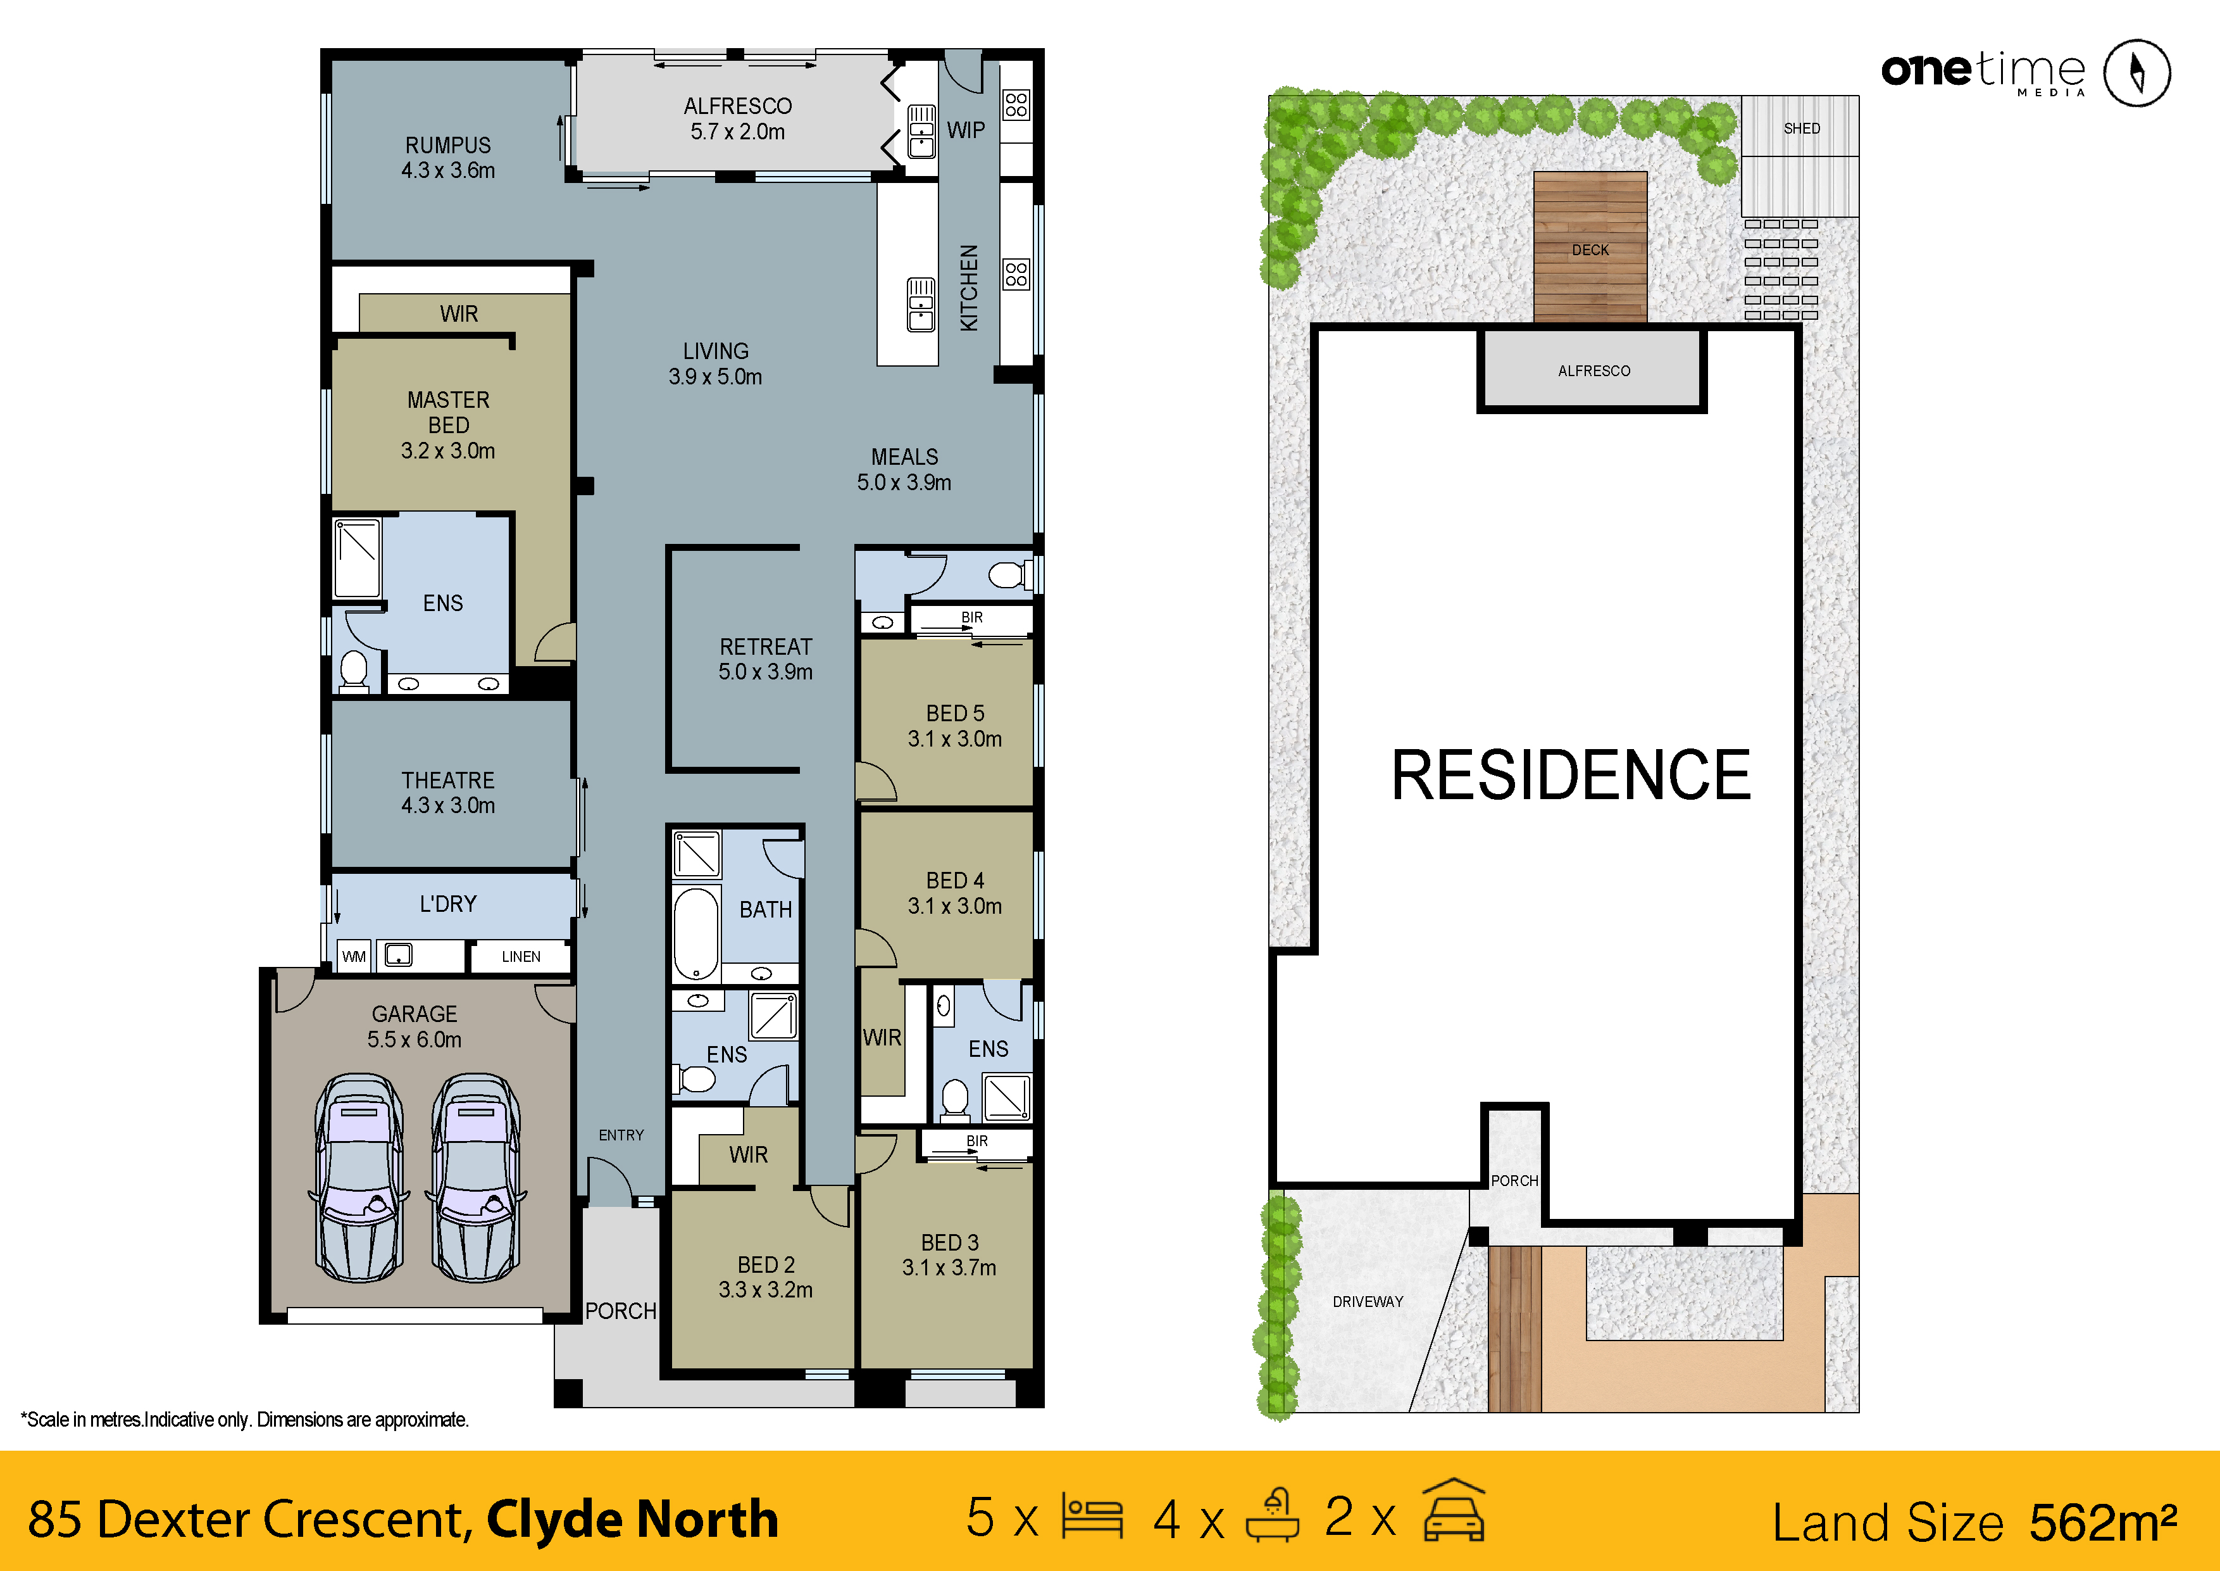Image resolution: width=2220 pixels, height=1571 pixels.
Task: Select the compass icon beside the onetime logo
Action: pyautogui.click(x=2137, y=73)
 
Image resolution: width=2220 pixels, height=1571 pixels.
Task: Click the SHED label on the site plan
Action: pyautogui.click(x=1801, y=129)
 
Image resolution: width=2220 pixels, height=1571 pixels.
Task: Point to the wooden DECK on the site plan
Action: pyautogui.click(x=1590, y=248)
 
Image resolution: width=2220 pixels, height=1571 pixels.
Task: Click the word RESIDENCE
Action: pyautogui.click(x=1570, y=775)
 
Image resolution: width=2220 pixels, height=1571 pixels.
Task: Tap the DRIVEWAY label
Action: pyautogui.click(x=1367, y=1302)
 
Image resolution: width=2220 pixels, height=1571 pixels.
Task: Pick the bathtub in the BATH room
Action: pyautogui.click(x=696, y=933)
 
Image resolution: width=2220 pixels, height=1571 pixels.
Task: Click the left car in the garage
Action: pyautogui.click(x=359, y=1177)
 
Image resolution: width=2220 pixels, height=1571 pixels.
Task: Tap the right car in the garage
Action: pyautogui.click(x=476, y=1177)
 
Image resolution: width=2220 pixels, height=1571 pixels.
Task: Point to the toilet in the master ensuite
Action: pyautogui.click(x=354, y=671)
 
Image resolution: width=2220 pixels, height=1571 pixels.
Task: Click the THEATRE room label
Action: pyautogui.click(x=447, y=792)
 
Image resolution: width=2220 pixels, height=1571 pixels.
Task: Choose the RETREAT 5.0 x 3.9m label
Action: pyautogui.click(x=765, y=659)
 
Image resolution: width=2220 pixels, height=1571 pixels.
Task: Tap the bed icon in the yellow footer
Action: pyautogui.click(x=1092, y=1516)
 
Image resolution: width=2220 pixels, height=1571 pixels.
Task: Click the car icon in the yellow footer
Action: pyautogui.click(x=1454, y=1510)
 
